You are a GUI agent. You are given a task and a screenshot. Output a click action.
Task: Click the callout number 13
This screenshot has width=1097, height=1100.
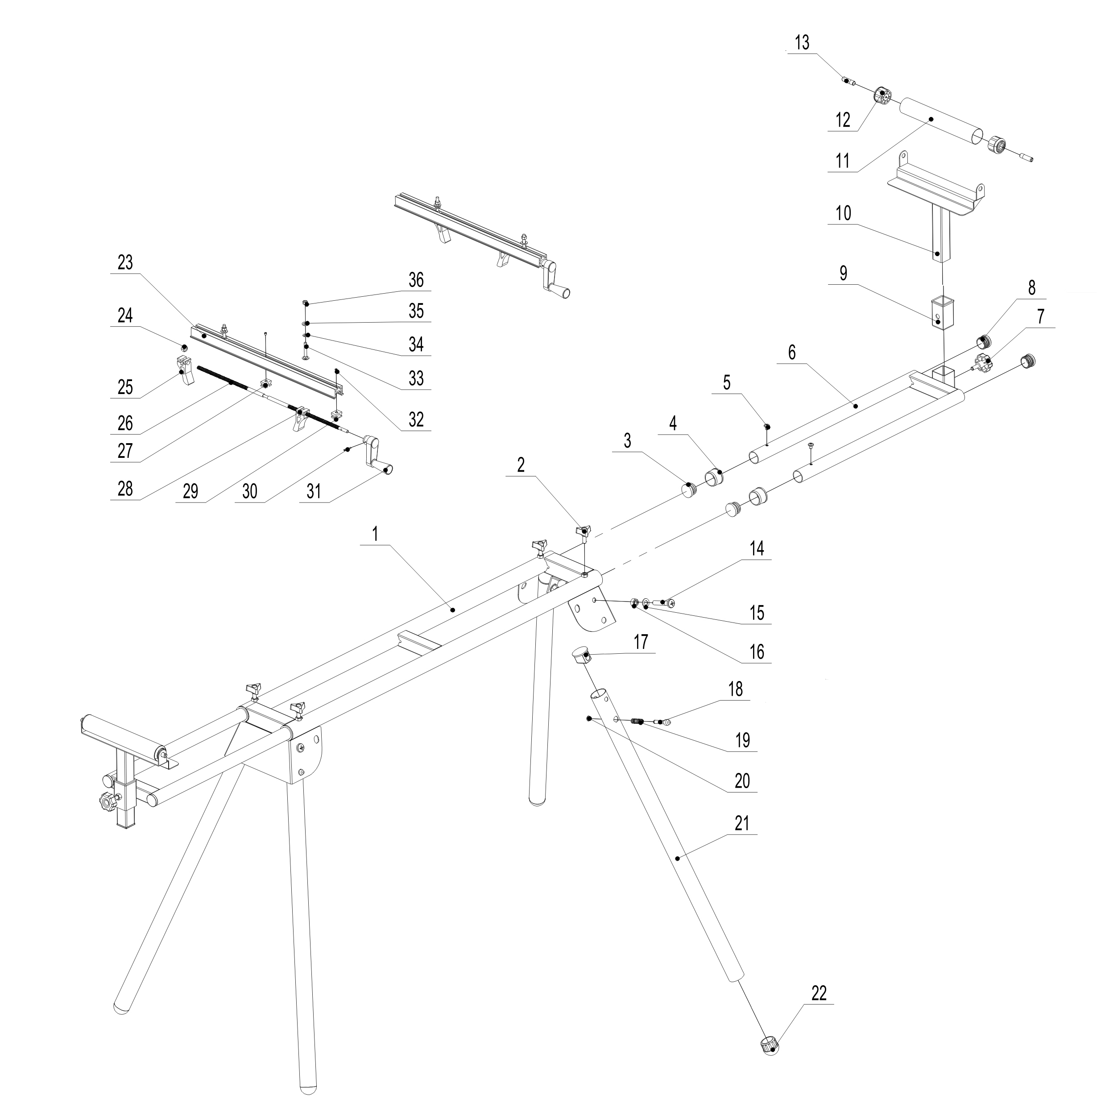802,43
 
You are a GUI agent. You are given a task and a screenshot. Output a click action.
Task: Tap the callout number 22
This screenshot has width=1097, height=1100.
818,993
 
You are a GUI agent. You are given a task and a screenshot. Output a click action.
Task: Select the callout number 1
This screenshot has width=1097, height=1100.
375,534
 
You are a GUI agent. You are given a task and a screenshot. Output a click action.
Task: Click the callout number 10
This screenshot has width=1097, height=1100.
843,213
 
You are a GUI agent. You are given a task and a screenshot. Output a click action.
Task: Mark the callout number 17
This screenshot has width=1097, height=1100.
641,642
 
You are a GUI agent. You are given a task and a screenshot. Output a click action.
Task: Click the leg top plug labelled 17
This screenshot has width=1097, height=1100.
582,656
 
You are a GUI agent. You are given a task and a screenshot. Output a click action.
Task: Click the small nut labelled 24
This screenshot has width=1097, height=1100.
184,347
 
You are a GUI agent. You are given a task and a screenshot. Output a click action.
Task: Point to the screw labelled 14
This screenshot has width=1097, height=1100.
667,602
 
